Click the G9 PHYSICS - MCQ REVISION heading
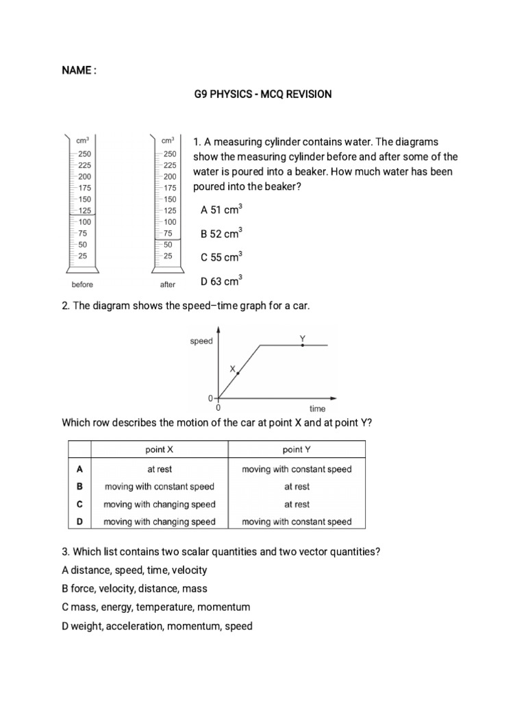coord(263,94)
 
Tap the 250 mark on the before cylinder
coord(84,154)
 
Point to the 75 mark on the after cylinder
coord(168,233)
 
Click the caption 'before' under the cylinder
coord(82,285)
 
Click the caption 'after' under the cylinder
coord(168,285)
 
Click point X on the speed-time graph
coord(238,373)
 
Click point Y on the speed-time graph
coord(303,346)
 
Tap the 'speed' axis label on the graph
coord(201,341)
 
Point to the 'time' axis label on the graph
coord(317,409)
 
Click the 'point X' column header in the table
coord(159,450)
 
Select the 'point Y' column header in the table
coord(297,450)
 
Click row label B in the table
coord(79,487)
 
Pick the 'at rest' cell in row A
coord(159,470)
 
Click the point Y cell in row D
coord(297,522)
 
